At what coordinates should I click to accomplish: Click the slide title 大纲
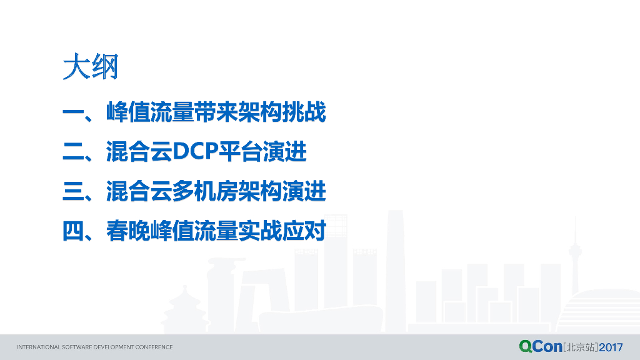[x=91, y=66]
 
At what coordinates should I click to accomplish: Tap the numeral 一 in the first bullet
[x=74, y=112]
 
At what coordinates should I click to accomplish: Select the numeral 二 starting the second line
[x=74, y=151]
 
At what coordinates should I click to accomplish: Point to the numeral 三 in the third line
[x=74, y=191]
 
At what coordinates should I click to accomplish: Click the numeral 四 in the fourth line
[x=74, y=231]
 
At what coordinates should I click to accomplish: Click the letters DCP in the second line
[x=196, y=151]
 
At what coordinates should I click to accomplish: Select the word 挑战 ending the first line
[x=304, y=112]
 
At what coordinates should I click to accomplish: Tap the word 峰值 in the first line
[x=128, y=112]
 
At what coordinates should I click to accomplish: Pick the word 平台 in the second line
[x=241, y=151]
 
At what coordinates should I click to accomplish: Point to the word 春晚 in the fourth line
[x=128, y=231]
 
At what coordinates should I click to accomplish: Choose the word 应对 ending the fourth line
[x=304, y=231]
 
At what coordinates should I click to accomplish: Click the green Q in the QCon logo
[x=526, y=346]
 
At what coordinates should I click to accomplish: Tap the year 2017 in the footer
[x=611, y=347]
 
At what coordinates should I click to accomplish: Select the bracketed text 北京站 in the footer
[x=581, y=347]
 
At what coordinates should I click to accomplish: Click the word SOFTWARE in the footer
[x=77, y=347]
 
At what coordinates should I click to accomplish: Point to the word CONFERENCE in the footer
[x=154, y=347]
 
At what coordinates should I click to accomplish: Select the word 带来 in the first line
[x=216, y=112]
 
